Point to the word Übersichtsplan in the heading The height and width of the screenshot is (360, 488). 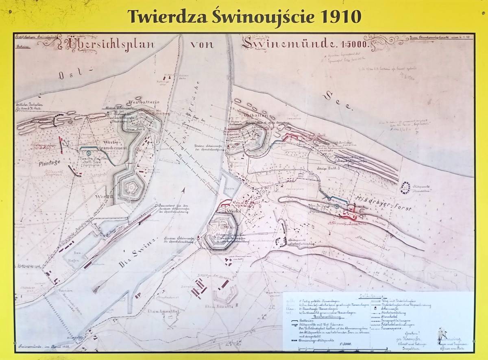tap(107, 44)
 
